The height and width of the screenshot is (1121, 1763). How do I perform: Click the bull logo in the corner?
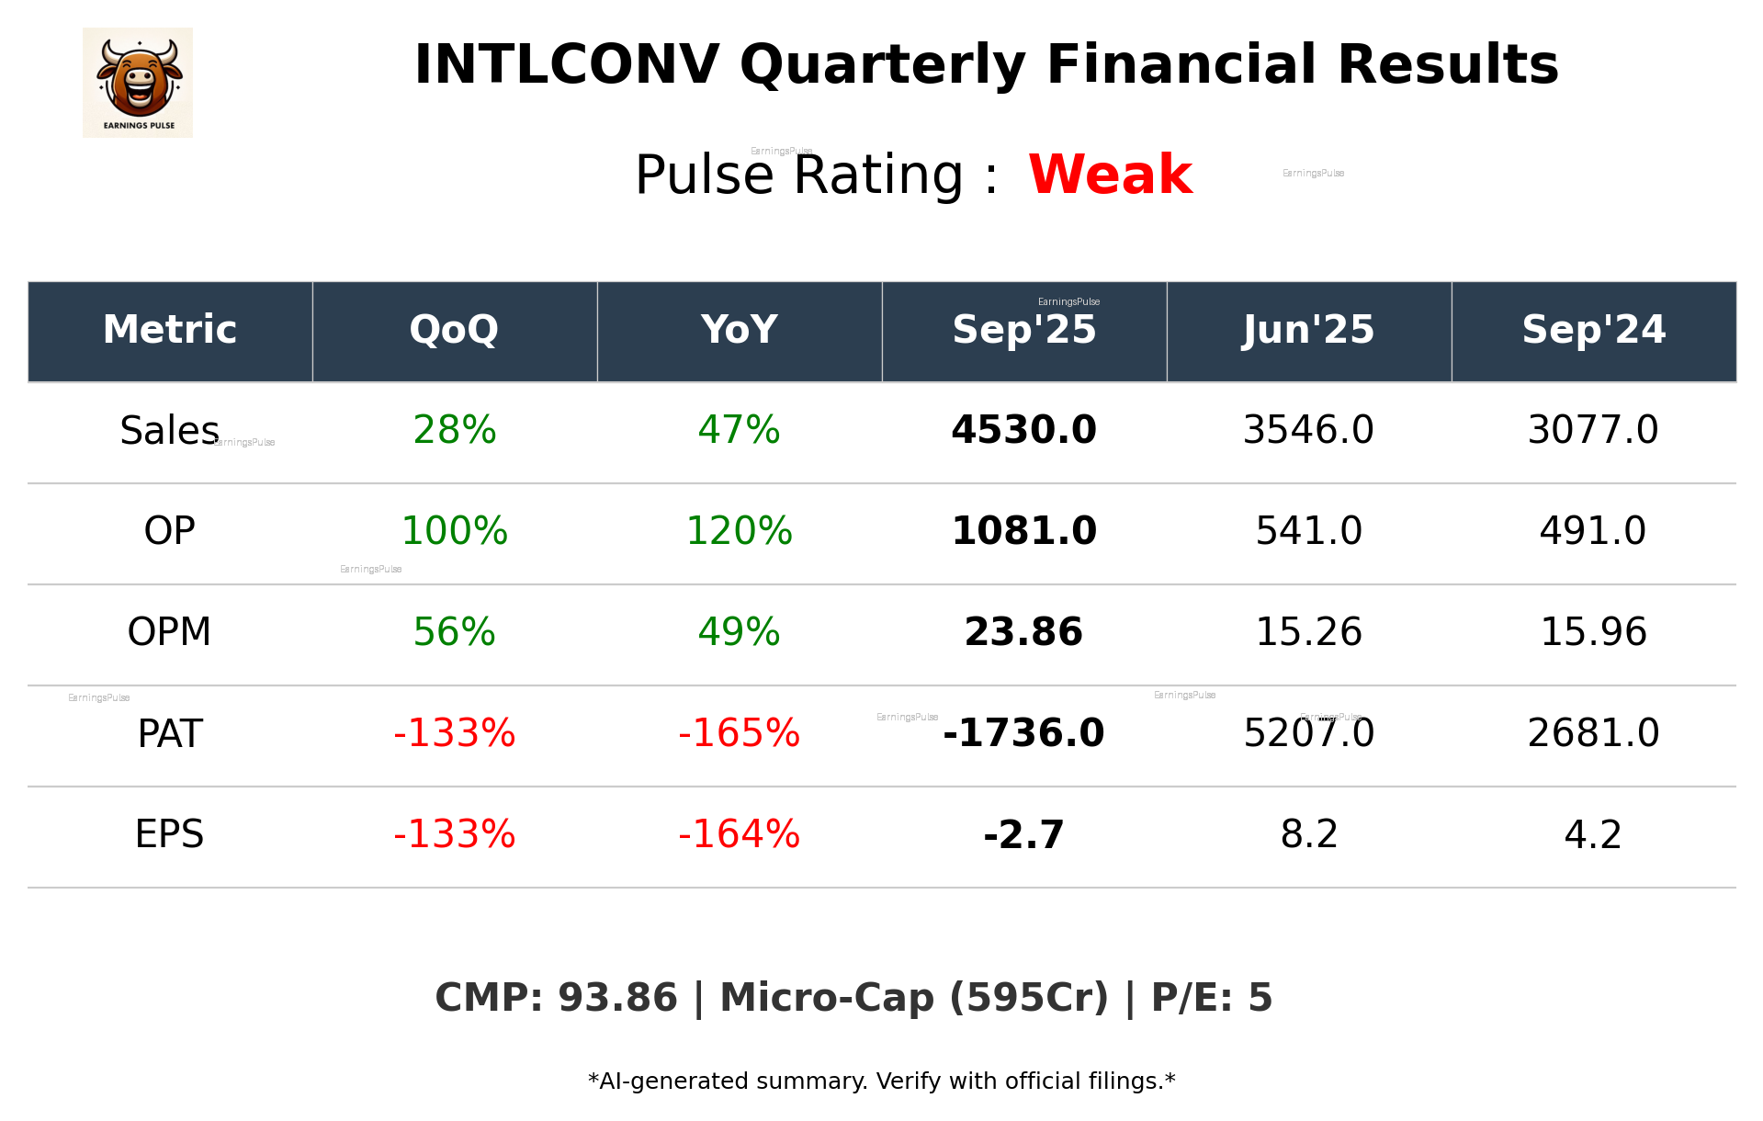pos(138,82)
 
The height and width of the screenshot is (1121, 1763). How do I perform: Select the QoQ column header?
pos(454,330)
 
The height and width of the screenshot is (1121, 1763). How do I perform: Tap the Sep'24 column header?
pos(1593,330)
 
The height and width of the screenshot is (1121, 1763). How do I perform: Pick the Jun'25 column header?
pos(1308,330)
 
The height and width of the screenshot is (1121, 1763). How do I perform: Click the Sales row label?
pos(169,431)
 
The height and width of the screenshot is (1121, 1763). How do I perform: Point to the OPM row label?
pos(169,632)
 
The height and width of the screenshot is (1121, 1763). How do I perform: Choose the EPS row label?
pos(169,834)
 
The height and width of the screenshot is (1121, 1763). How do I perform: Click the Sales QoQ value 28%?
pos(454,431)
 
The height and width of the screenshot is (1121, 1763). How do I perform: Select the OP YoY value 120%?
pos(739,531)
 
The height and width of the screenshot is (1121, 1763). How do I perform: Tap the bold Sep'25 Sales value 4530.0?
pos(1023,431)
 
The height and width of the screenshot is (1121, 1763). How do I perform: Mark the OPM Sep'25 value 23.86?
pos(1023,632)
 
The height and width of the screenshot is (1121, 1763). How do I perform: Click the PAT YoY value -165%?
pos(739,733)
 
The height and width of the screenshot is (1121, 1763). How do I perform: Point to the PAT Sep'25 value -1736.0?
pos(1023,733)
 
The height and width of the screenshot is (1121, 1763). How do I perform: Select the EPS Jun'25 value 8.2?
pos(1308,834)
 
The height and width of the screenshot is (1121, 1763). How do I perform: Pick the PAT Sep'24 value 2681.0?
pos(1593,733)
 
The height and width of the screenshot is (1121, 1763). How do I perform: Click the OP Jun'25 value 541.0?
pos(1308,531)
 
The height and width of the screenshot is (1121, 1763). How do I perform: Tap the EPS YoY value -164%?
pos(739,834)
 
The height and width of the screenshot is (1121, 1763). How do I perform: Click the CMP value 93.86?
pos(616,999)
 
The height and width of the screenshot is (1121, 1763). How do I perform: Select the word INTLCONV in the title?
pos(566,65)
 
